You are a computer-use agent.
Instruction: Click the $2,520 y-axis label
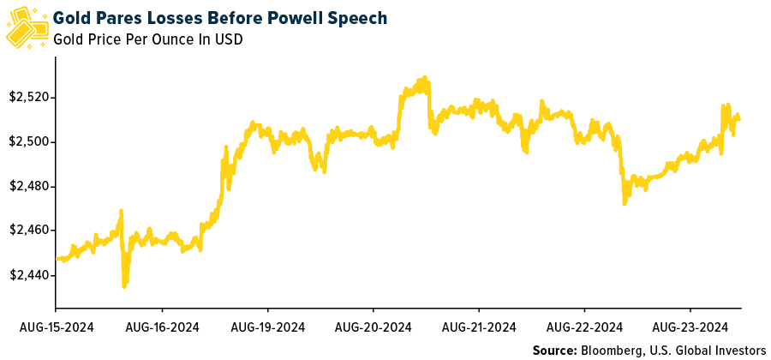(x=29, y=98)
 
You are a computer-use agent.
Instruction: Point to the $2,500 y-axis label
(x=29, y=142)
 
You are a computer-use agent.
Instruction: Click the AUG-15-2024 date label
(x=56, y=327)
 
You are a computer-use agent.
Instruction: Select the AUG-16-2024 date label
(x=162, y=327)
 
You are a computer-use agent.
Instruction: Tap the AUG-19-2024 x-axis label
(x=268, y=327)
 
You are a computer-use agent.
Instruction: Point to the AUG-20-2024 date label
(x=374, y=327)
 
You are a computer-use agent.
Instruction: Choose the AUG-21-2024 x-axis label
(x=480, y=327)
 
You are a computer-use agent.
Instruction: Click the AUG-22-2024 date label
(x=585, y=327)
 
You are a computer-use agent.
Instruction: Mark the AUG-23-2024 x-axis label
(x=691, y=327)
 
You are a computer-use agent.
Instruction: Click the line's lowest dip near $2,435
(x=124, y=285)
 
